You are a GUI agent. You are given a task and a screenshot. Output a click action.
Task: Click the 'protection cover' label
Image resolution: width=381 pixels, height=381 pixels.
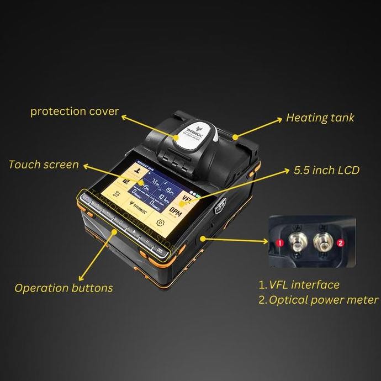click(x=75, y=112)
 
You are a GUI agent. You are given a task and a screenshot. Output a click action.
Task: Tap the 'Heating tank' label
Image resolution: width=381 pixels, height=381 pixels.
click(x=320, y=118)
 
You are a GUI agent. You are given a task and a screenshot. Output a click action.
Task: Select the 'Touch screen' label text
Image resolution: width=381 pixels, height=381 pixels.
click(x=44, y=165)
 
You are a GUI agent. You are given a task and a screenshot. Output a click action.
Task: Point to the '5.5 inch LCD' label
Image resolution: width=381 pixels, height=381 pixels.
click(x=326, y=170)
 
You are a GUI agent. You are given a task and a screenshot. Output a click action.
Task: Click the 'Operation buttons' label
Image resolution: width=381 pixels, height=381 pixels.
click(x=64, y=288)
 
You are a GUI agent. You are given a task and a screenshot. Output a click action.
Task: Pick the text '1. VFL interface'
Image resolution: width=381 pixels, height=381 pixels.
click(x=299, y=285)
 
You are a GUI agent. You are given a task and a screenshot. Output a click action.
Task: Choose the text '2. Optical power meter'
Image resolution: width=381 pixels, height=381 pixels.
click(x=318, y=300)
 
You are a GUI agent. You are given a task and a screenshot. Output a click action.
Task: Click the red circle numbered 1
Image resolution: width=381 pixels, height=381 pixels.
click(x=279, y=242)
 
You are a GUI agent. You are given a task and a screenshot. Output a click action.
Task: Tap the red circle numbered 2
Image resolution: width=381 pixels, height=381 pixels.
click(x=341, y=242)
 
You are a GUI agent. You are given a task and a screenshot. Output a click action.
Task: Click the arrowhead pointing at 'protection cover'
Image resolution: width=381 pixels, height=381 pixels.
click(x=124, y=117)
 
